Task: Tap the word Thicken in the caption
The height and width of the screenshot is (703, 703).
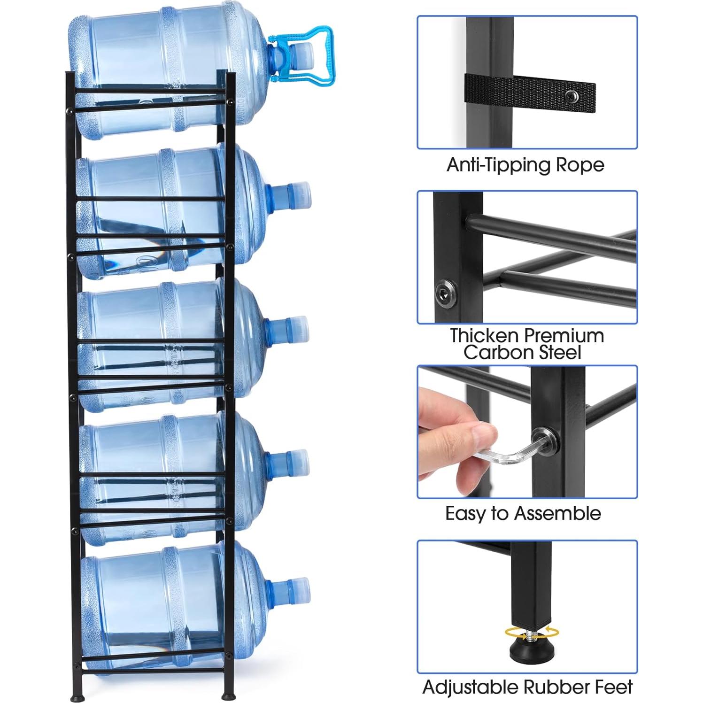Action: point(485,336)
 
